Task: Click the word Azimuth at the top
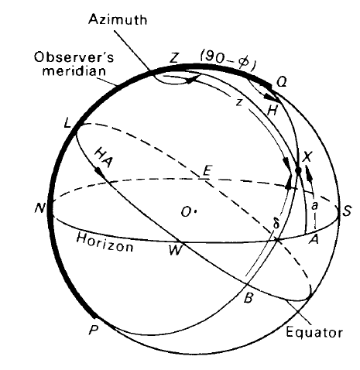point(118,19)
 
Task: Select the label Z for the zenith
point(175,58)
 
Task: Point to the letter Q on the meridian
point(281,83)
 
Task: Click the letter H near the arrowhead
point(272,111)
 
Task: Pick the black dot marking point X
point(298,170)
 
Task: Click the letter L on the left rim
point(67,123)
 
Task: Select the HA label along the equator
point(103,157)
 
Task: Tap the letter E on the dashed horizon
point(207,170)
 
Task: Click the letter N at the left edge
point(40,207)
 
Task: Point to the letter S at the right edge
point(347,211)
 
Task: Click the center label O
point(187,212)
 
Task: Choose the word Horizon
point(105,242)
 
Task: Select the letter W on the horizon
point(175,250)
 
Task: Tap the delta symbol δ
point(276,224)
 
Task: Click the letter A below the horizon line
point(314,240)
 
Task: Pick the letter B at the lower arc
point(248,299)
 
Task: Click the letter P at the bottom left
point(94,330)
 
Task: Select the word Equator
point(314,332)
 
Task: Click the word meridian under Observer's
point(74,70)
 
